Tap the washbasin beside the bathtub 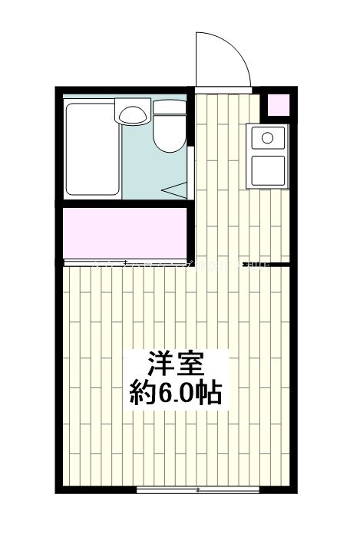133,114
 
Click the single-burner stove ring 267,138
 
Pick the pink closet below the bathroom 124,232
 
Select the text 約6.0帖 176,394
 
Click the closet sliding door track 124,262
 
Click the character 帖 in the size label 212,394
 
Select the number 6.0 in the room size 177,394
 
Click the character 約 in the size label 142,394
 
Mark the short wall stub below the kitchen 278,265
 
